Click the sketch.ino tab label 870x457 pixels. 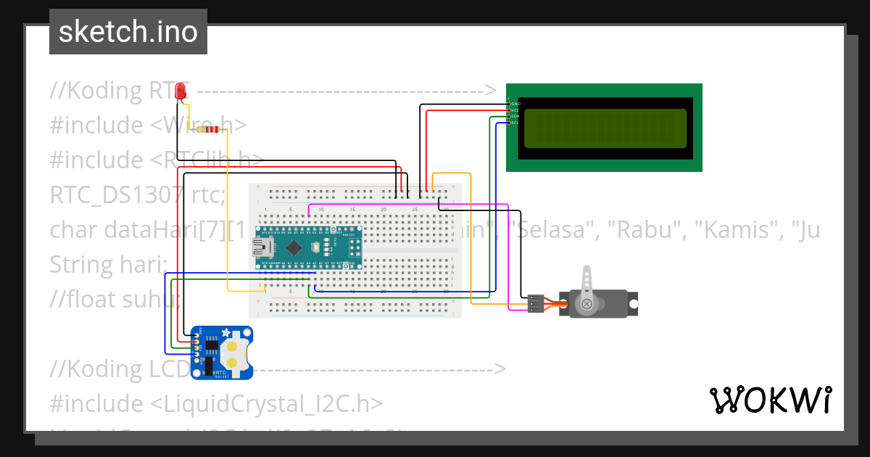(128, 32)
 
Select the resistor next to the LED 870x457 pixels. (209, 130)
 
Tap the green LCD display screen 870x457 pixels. (605, 128)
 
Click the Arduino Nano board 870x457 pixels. (308, 247)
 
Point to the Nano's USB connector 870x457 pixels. (262, 247)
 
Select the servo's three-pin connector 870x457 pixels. (535, 303)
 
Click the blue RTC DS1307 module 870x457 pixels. (222, 353)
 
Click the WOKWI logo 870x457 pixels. (770, 400)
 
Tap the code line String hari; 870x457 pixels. (109, 265)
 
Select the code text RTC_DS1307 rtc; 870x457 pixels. (138, 195)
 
